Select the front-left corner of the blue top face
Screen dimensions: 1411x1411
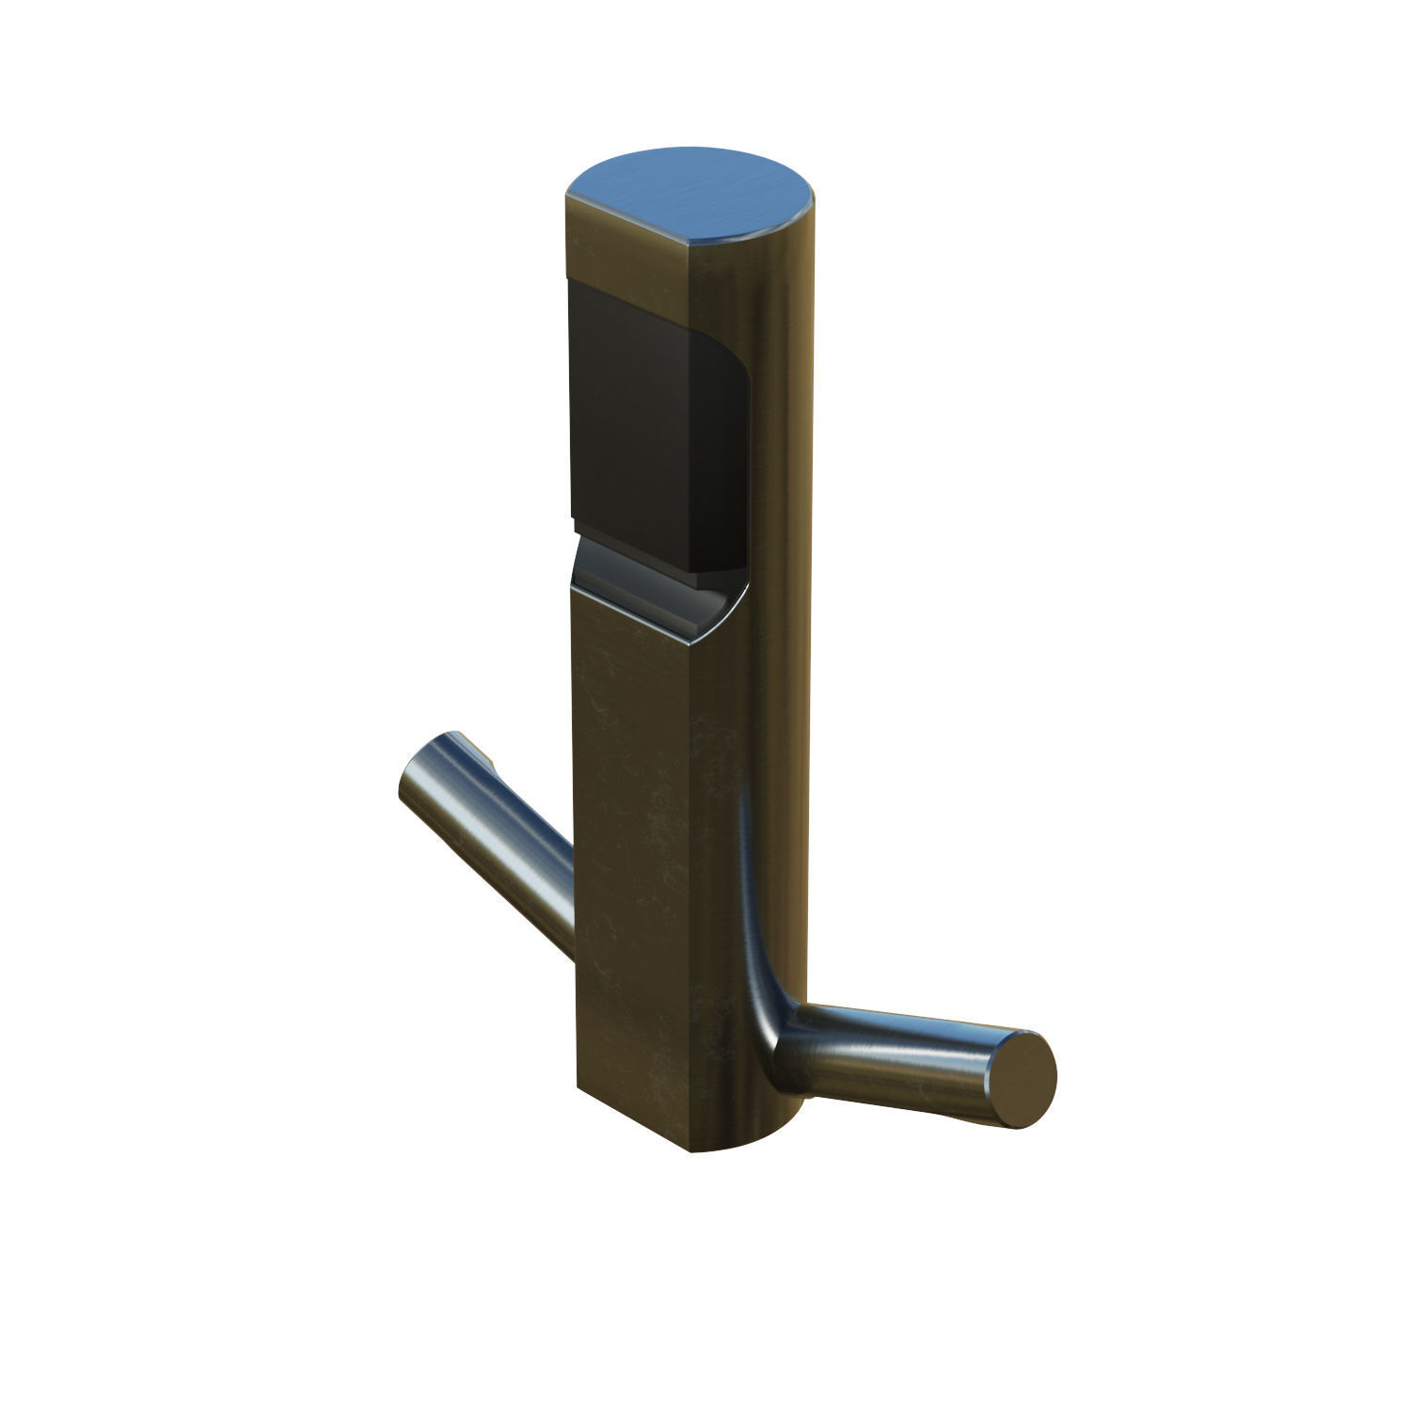(568, 197)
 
